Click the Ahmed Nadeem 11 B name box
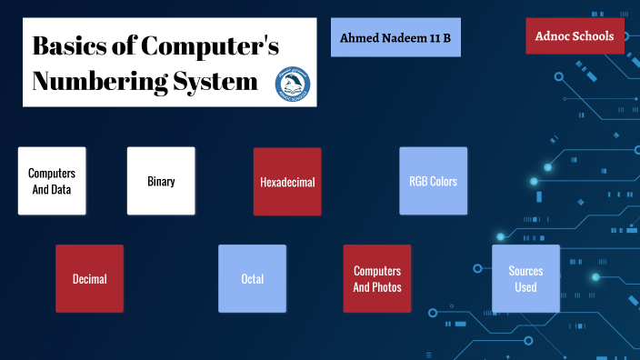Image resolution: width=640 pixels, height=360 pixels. point(395,37)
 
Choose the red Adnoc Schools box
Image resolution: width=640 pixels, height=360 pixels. point(575,36)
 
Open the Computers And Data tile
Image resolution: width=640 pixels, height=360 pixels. point(52,181)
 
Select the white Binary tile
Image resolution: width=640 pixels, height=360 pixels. point(161,181)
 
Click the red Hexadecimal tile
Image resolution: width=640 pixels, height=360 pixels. point(287,182)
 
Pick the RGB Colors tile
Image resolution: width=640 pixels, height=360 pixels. point(433,181)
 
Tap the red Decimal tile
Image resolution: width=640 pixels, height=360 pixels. point(89,279)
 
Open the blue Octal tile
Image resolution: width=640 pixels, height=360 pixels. point(253,279)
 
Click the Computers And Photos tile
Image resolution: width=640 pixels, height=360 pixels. point(377,279)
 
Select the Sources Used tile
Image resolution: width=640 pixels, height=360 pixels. point(525,279)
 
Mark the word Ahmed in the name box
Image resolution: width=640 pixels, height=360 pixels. point(359,37)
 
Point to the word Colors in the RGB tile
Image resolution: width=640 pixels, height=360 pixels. point(443,181)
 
